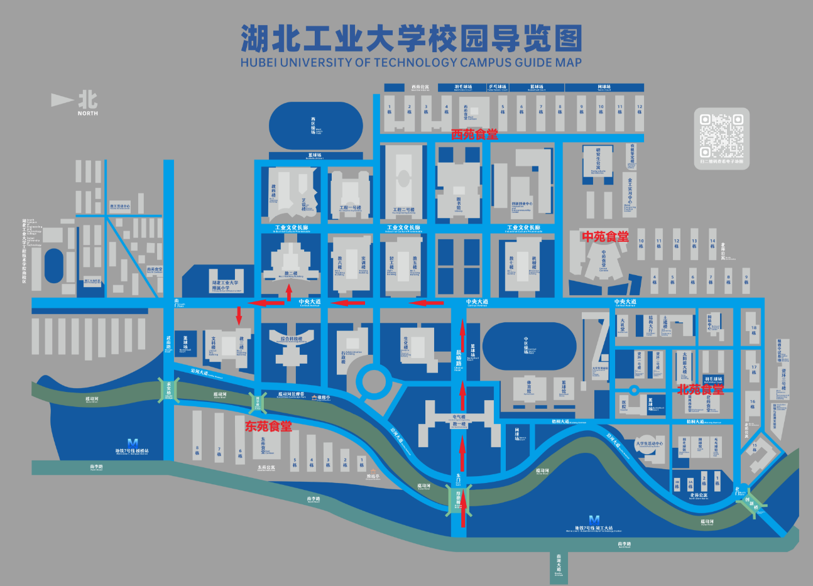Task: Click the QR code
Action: pyautogui.click(x=722, y=135)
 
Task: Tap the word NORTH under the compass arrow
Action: pyautogui.click(x=88, y=114)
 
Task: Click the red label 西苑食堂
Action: pyautogui.click(x=474, y=134)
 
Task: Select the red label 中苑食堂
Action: pyautogui.click(x=605, y=236)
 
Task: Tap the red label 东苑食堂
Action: pyautogui.click(x=269, y=426)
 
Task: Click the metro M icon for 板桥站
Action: pyautogui.click(x=132, y=443)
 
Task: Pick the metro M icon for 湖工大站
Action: pyautogui.click(x=594, y=520)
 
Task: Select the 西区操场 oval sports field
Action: pyautogui.click(x=315, y=126)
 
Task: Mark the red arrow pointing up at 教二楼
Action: pyautogui.click(x=289, y=292)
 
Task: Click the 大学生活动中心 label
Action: pyautogui.click(x=650, y=443)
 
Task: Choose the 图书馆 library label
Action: pyautogui.click(x=459, y=202)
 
